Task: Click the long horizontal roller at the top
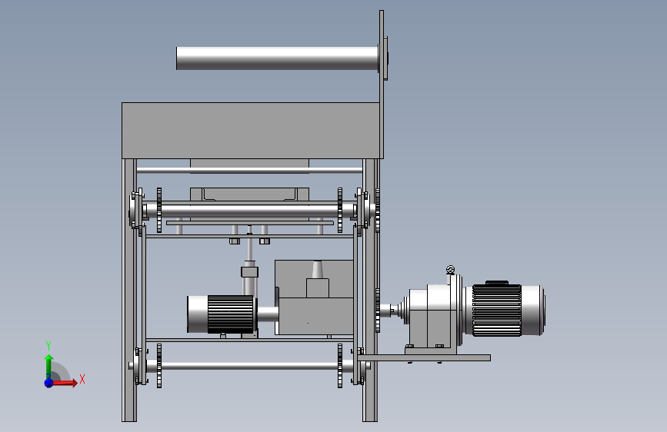(277, 58)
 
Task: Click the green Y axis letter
(48, 346)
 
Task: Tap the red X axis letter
(82, 379)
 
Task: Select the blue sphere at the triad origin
(49, 383)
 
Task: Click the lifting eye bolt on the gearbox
(450, 270)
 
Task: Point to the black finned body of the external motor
(496, 310)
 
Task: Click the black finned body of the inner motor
(230, 314)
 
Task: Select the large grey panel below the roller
(251, 131)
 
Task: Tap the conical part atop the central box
(317, 269)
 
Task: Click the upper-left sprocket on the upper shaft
(159, 210)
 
